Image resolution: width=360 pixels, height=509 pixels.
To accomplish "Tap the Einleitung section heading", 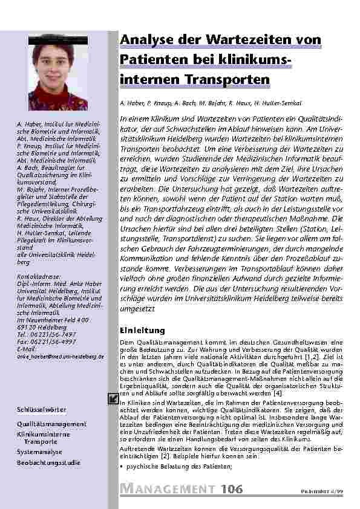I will pos(142,330).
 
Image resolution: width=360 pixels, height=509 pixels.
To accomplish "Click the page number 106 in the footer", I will pos(232,488).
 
